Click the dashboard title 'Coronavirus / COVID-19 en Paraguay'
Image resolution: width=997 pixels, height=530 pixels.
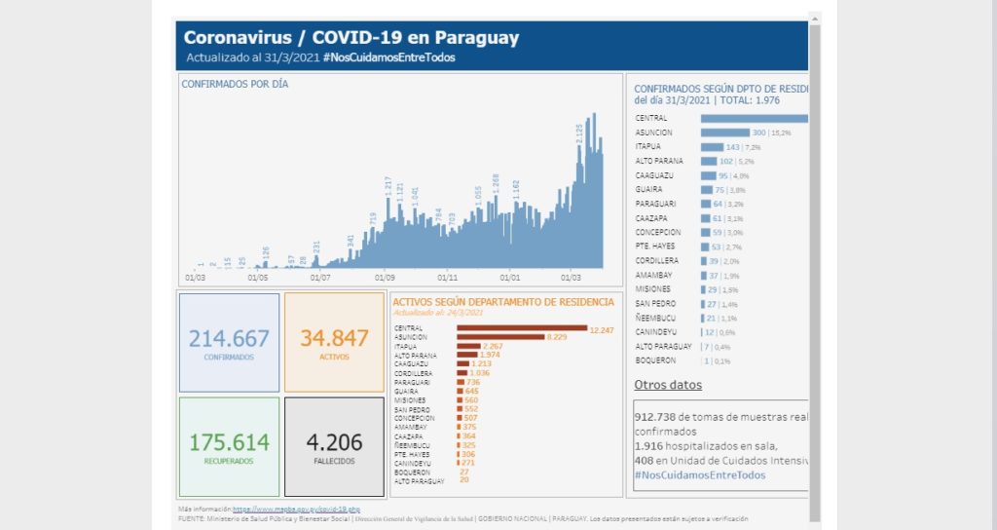(351, 38)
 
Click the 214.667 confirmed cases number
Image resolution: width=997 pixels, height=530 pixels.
(229, 338)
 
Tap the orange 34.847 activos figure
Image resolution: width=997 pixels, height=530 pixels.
(334, 338)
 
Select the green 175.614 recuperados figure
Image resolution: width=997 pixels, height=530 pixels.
(229, 441)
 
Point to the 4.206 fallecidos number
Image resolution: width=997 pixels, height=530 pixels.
(334, 441)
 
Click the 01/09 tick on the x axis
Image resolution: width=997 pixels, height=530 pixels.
(385, 277)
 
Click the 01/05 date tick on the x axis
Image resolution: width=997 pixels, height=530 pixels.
(258, 277)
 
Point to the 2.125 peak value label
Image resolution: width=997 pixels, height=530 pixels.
(580, 134)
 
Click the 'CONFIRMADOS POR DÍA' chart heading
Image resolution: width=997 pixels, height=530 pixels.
(235, 84)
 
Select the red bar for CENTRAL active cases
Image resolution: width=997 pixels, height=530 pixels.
(522, 328)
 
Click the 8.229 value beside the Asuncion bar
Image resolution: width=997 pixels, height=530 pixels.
(557, 337)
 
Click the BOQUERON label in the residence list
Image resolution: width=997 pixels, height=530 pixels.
(655, 360)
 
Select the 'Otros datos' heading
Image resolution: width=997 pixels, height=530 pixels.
(668, 385)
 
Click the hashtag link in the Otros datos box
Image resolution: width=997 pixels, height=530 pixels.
(699, 474)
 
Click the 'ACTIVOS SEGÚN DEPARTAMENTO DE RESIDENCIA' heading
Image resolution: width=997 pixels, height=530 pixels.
(503, 302)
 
